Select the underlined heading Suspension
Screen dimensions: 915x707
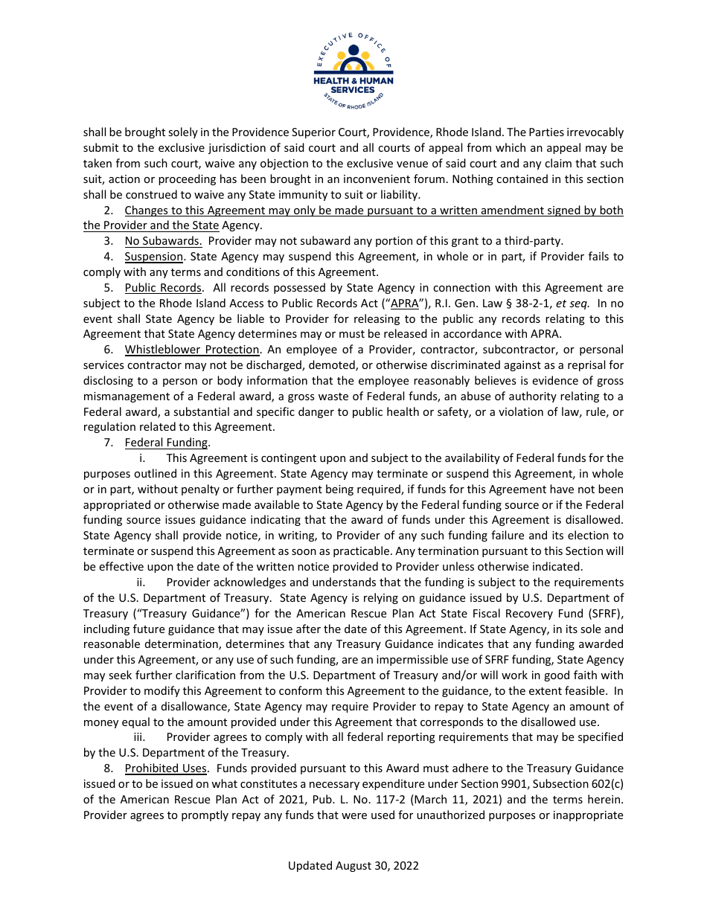tap(153, 257)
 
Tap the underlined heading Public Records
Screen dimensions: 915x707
tap(163, 288)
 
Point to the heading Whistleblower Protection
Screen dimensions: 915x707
tap(192, 350)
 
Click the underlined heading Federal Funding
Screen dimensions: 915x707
tap(167, 443)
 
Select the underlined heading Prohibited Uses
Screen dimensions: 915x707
tap(165, 768)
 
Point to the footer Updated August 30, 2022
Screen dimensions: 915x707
tap(353, 866)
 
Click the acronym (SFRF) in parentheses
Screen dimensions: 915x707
tap(606, 614)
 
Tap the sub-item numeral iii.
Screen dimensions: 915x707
tap(138, 737)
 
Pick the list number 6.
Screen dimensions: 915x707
tap(108, 350)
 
